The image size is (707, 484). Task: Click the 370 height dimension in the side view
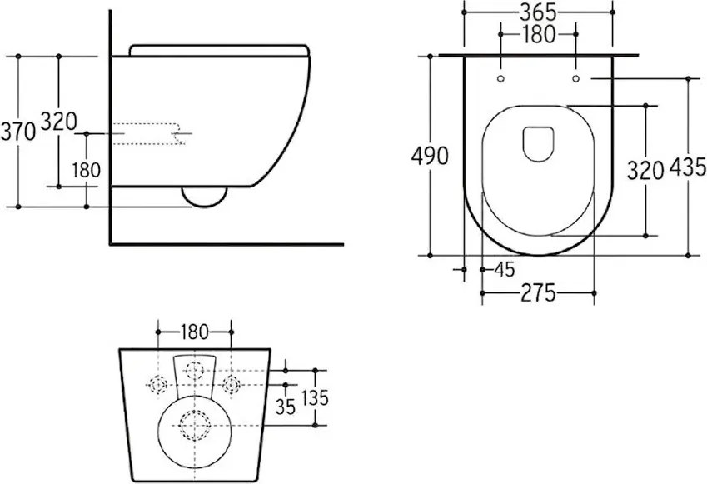[x=18, y=132]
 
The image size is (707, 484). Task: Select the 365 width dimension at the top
[x=538, y=12]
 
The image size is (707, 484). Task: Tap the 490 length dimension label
[x=430, y=156]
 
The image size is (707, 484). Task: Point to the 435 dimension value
[x=688, y=167]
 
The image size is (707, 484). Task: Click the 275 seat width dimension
[x=538, y=293]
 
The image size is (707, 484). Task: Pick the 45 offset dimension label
[x=505, y=269]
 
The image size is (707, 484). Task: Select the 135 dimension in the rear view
[x=315, y=397]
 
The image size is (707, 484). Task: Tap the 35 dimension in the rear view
[x=286, y=407]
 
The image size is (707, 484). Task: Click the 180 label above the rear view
[x=195, y=332]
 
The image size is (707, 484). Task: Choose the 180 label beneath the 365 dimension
[x=538, y=34]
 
